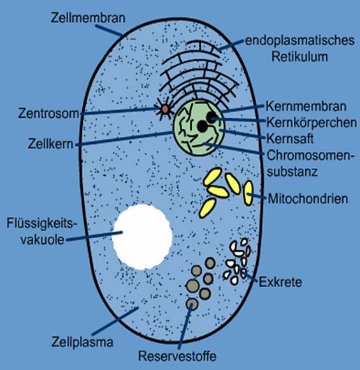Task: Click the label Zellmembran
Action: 88,18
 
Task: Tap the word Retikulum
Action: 299,57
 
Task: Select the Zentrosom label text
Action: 49,113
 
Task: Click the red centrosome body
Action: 165,110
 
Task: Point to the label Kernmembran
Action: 306,106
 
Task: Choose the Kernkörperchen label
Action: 312,123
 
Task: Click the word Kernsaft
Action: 290,139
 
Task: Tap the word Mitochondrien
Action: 308,199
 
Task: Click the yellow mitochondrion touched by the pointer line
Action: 248,192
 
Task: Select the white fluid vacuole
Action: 143,237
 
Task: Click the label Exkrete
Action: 280,282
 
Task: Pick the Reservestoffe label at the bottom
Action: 177,356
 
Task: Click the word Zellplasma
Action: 82,342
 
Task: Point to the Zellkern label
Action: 51,144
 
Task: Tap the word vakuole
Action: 43,239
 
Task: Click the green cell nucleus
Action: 198,127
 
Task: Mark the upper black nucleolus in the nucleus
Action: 212,117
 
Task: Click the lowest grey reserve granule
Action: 192,304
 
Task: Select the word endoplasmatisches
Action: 300,41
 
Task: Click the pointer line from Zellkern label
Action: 124,139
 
